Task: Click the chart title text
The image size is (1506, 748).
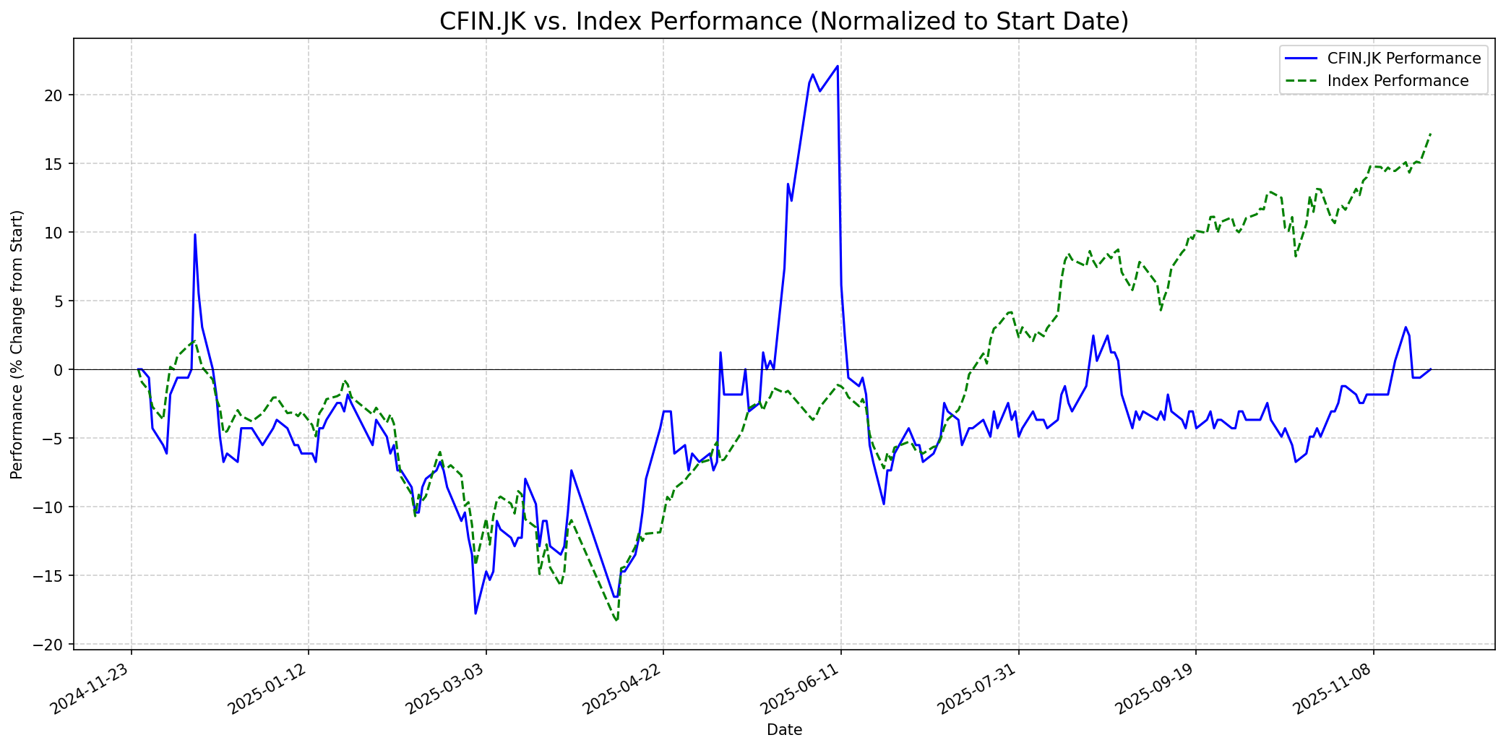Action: [784, 22]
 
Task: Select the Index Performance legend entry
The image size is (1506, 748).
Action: [1398, 81]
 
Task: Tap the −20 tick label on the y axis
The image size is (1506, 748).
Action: [52, 645]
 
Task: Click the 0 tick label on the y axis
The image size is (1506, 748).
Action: [61, 370]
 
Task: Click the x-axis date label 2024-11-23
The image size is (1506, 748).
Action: [91, 689]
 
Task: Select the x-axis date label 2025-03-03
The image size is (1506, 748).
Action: [446, 689]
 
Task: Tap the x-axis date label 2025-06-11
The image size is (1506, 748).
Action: [801, 689]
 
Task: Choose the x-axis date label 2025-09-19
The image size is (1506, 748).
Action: [1156, 689]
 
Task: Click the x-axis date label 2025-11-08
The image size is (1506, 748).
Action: [1333, 689]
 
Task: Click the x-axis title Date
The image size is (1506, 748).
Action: [784, 730]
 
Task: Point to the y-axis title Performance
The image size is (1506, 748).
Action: [17, 344]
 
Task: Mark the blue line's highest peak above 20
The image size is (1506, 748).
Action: [837, 66]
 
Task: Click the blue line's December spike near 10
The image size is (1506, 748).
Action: [194, 234]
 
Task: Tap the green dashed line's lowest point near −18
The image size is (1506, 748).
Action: [616, 620]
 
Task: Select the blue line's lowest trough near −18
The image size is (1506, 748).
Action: [476, 614]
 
